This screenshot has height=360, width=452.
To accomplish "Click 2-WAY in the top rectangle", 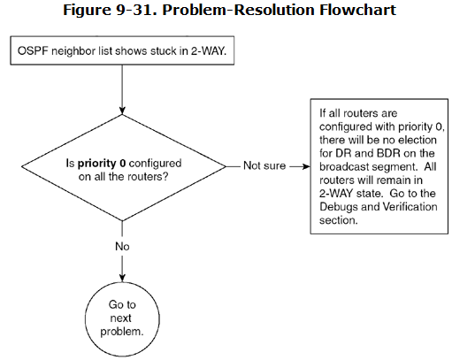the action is click(x=209, y=51).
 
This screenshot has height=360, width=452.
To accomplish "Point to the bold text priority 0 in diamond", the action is click(x=102, y=163).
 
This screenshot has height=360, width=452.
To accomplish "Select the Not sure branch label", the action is click(x=264, y=165).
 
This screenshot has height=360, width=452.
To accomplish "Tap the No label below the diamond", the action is click(x=122, y=247).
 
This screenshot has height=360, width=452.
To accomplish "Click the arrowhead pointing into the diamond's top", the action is click(x=122, y=111).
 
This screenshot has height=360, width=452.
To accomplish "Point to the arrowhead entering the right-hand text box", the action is click(x=306, y=166).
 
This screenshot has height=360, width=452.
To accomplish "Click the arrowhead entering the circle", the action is click(x=122, y=278).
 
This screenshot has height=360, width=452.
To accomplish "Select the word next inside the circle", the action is click(x=120, y=318).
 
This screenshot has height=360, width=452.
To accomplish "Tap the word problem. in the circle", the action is click(x=122, y=332).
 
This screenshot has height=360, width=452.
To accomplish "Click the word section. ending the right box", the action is click(x=339, y=220).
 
